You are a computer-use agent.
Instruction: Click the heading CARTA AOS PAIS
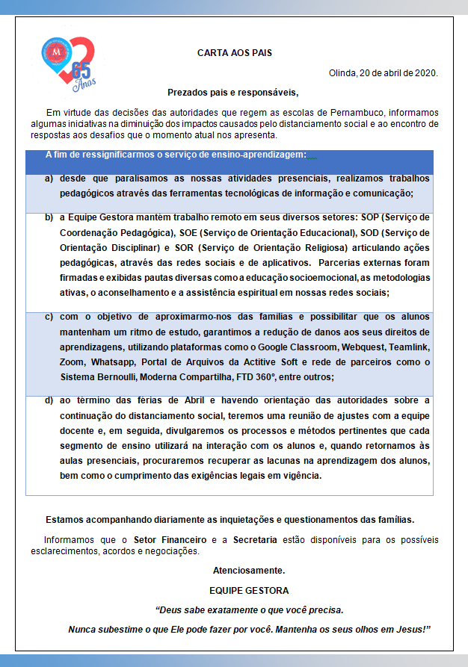(234, 53)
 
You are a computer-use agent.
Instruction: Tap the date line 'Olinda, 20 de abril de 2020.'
(383, 73)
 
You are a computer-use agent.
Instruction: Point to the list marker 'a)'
(49, 179)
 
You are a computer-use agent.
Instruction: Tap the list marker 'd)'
(49, 401)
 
